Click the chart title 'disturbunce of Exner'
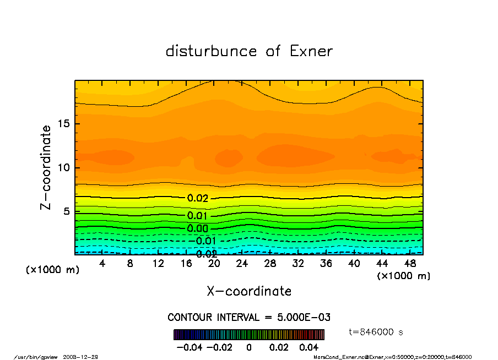coord(249,51)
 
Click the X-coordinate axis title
coord(249,291)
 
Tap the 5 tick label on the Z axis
coord(66,211)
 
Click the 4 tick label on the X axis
coord(102,264)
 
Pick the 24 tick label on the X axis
coord(242,264)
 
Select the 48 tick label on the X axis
coord(409,264)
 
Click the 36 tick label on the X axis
coord(326,264)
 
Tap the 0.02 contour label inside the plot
coord(197,198)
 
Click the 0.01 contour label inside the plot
coord(197,215)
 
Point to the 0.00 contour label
coord(197,228)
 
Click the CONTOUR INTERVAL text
coord(249,318)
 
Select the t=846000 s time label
coord(376,332)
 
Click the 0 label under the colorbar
coord(249,347)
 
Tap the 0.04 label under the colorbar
coord(308,347)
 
